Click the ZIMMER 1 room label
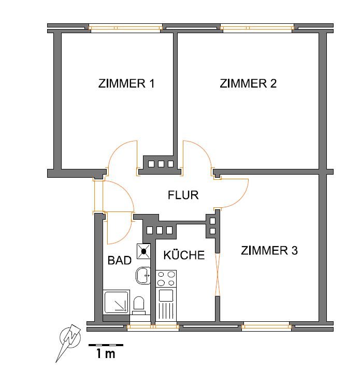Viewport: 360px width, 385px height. point(126,83)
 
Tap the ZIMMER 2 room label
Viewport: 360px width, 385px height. point(248,83)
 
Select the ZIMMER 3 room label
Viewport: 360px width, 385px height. point(269,250)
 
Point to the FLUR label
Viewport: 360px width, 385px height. point(183,195)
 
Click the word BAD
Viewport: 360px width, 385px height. point(120,260)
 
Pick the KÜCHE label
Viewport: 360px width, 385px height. point(184,255)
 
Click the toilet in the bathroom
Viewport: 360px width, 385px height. point(139,305)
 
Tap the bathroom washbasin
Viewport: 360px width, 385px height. point(143,276)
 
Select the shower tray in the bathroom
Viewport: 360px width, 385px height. point(117,302)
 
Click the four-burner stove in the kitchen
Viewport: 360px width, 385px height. point(166,279)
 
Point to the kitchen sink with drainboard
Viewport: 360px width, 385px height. point(166,305)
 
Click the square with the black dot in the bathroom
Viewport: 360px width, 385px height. point(143,251)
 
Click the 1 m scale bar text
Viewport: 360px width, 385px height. point(106,354)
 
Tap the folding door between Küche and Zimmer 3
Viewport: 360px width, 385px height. point(217,275)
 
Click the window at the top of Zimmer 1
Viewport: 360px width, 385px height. point(125,28)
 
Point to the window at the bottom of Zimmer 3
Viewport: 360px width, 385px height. point(267,326)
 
